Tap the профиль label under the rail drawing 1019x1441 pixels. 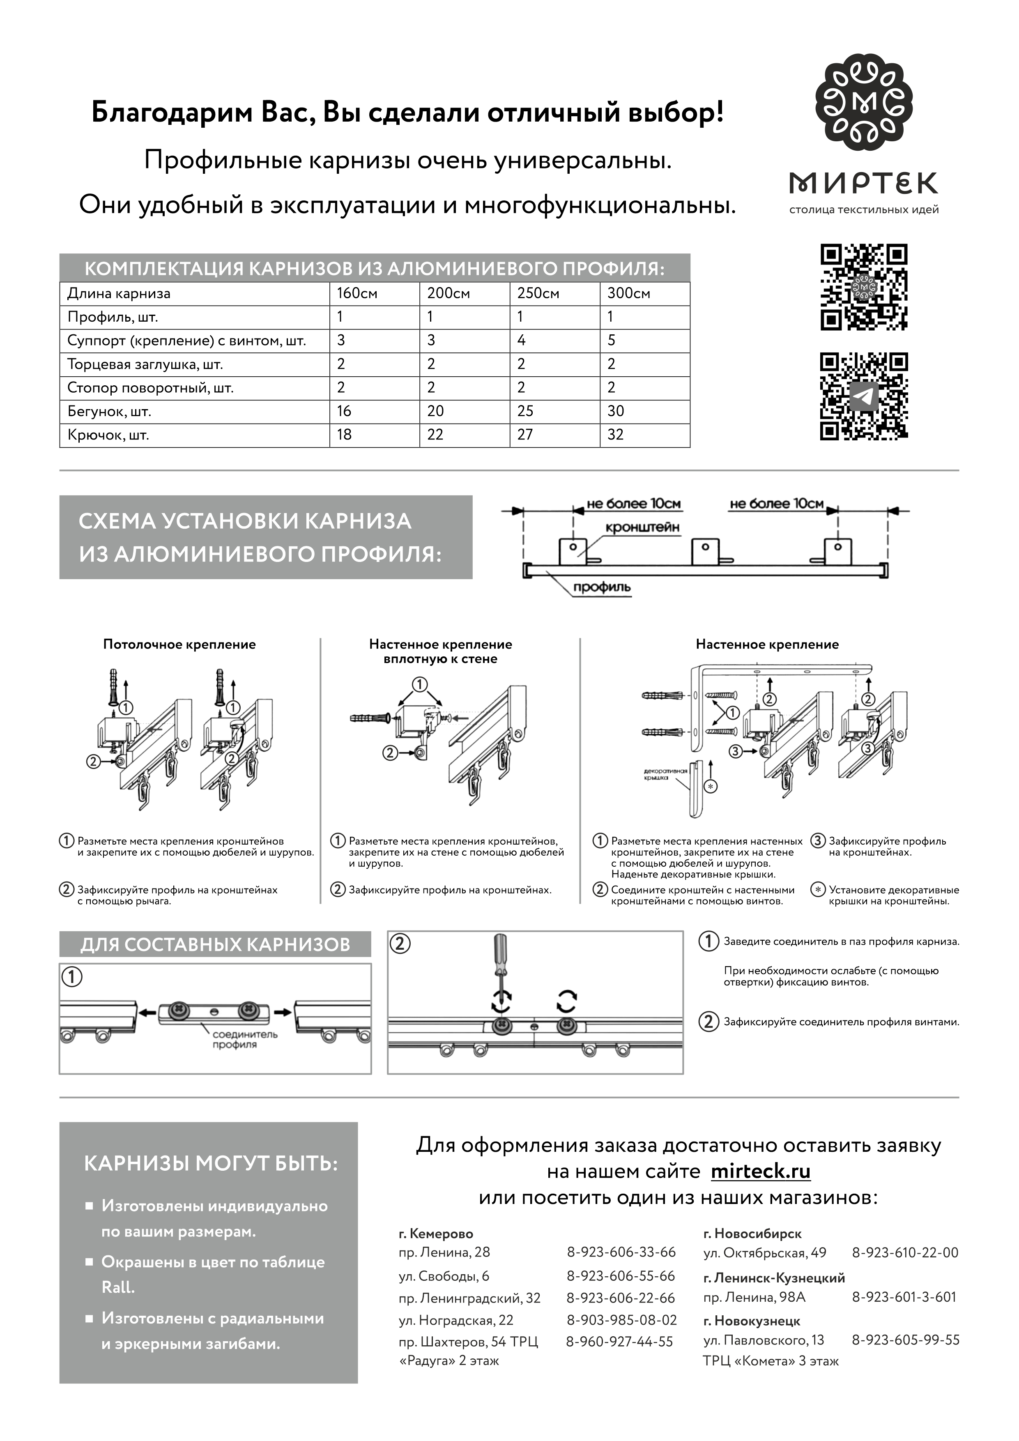tap(601, 587)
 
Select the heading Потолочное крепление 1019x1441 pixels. tap(179, 644)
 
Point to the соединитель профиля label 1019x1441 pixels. tap(244, 1039)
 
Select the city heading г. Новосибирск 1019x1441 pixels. tap(752, 1233)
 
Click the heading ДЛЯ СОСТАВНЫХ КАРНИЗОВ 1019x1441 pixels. tap(215, 944)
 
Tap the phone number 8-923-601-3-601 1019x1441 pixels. tap(904, 1297)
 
